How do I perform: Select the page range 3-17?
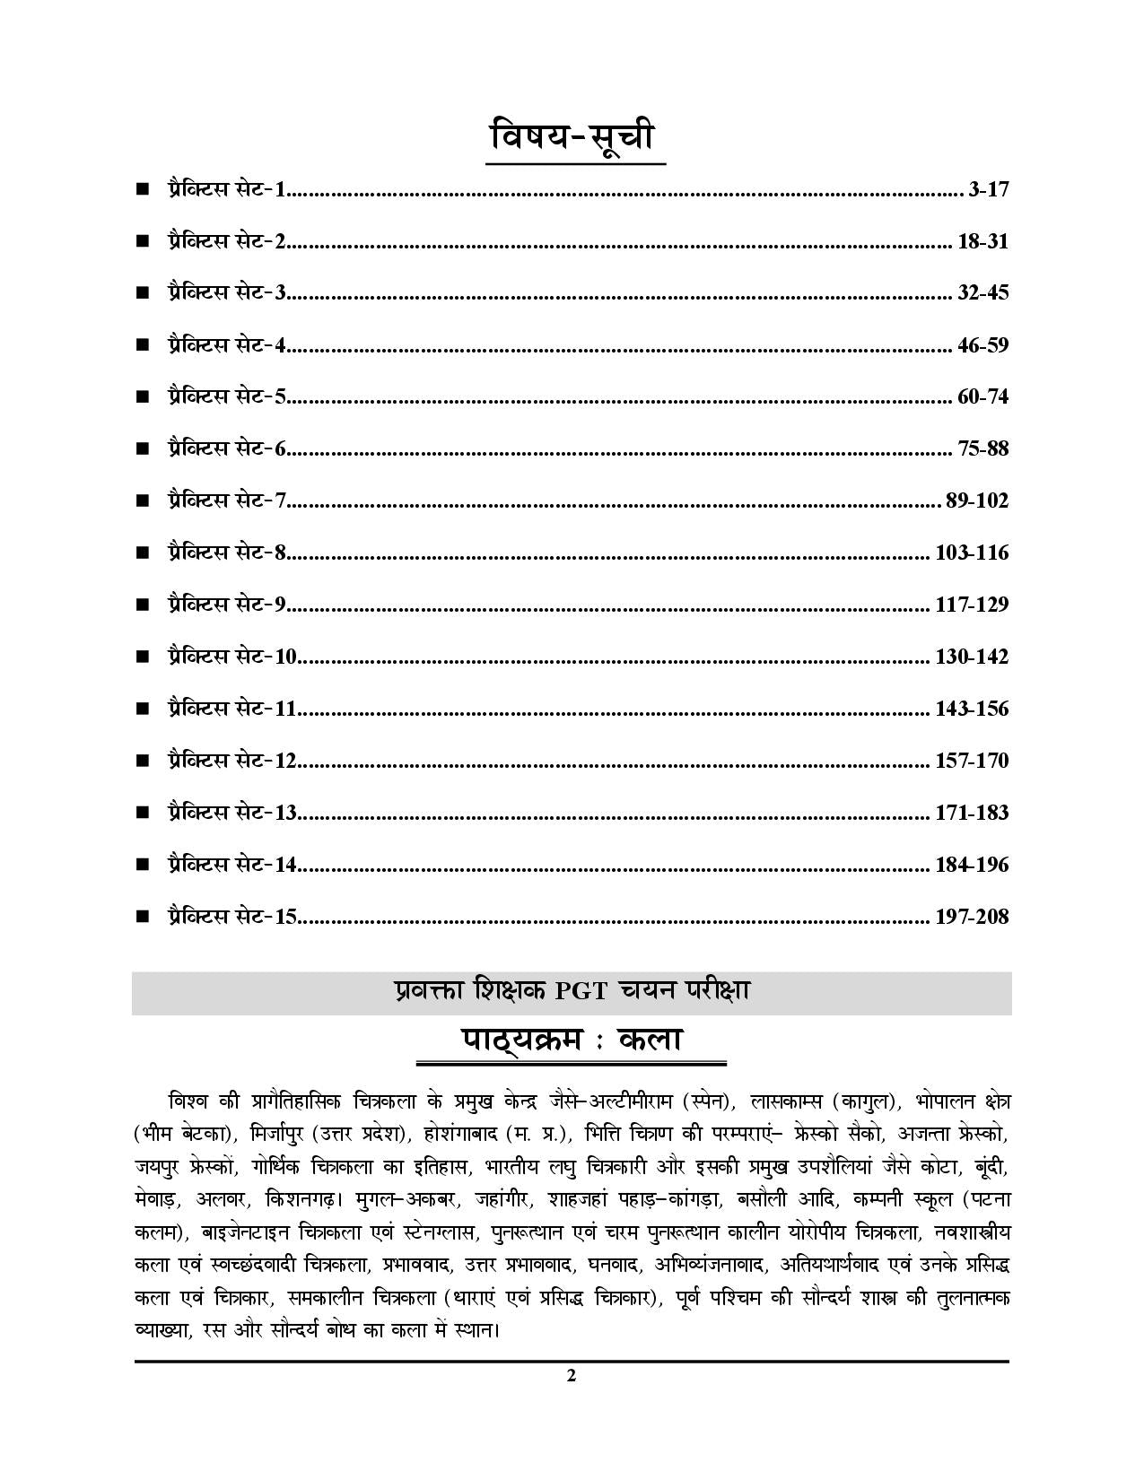[x=989, y=189]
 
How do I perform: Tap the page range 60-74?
[x=982, y=396]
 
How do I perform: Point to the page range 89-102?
[x=977, y=501]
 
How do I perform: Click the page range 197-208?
[x=972, y=917]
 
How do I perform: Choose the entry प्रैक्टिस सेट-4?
[x=225, y=344]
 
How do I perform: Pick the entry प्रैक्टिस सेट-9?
[x=225, y=605]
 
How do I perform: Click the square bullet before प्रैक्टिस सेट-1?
[x=142, y=189]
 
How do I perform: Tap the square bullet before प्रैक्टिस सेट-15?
[x=142, y=917]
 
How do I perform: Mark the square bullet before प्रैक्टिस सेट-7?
[x=142, y=501]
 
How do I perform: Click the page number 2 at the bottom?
[x=572, y=1376]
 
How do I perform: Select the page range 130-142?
[x=972, y=657]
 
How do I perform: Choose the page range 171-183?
[x=972, y=813]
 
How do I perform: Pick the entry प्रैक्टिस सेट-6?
[x=225, y=448]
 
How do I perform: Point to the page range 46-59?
[x=982, y=344]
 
